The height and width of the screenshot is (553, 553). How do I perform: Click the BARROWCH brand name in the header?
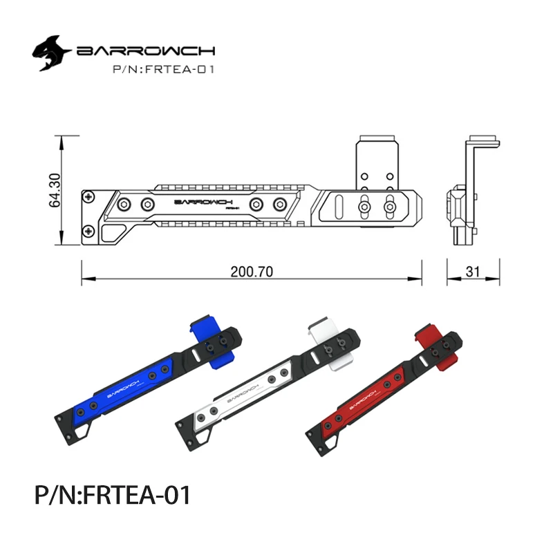click(147, 52)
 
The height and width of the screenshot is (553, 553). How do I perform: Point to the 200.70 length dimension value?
click(252, 272)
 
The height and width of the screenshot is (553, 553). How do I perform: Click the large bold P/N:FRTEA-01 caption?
click(111, 496)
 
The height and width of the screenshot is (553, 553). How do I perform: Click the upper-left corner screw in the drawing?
click(88, 197)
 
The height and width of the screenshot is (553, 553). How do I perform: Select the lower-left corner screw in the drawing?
click(88, 230)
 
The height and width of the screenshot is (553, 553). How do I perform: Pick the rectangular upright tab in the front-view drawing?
click(377, 160)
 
